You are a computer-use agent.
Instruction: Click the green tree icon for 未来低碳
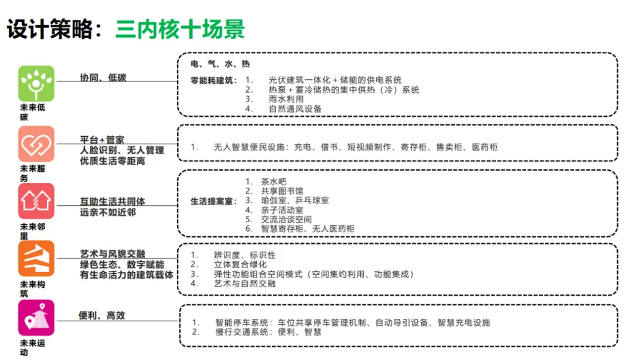(x=36, y=83)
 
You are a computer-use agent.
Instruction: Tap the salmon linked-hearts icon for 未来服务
(x=36, y=144)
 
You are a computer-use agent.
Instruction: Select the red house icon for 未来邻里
(x=36, y=201)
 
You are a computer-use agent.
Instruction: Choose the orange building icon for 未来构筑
(x=36, y=259)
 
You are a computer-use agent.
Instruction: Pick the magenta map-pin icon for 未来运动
(x=36, y=318)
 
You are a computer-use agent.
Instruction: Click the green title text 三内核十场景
(x=180, y=29)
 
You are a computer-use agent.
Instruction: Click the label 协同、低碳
(x=103, y=78)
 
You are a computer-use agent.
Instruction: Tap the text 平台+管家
(x=102, y=140)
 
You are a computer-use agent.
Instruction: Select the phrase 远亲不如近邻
(x=108, y=212)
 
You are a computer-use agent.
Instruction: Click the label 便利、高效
(x=102, y=315)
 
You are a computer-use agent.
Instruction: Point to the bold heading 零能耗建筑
(x=213, y=80)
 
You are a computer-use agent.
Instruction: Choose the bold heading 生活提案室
(x=213, y=201)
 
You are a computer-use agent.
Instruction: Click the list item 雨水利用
(x=286, y=99)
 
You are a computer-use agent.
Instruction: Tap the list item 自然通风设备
(x=295, y=108)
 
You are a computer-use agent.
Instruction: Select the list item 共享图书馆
(x=283, y=191)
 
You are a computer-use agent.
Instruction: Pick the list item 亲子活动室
(x=282, y=210)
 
